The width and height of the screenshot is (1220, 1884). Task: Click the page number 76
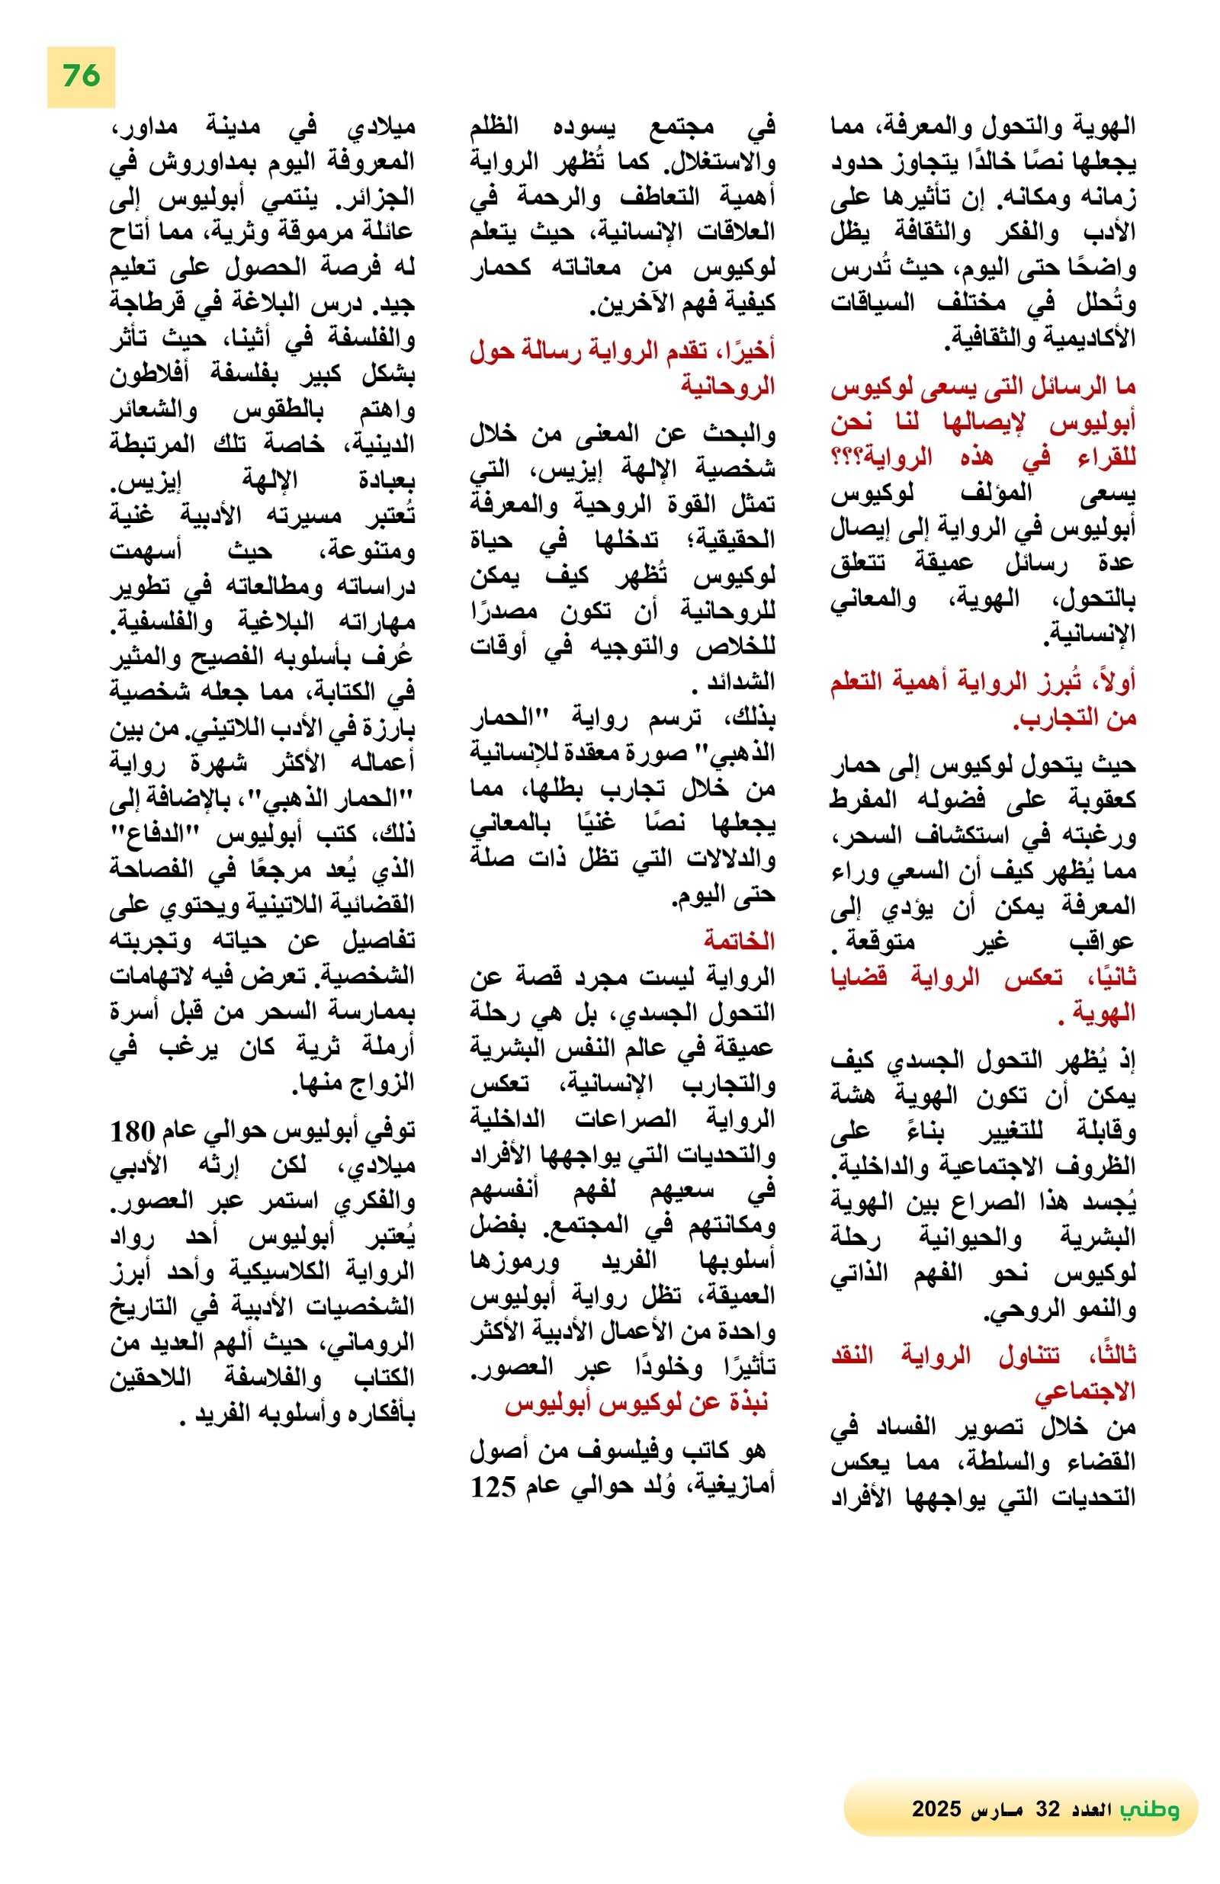pyautogui.click(x=81, y=76)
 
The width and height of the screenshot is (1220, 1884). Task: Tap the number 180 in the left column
pyautogui.click(x=130, y=1132)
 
